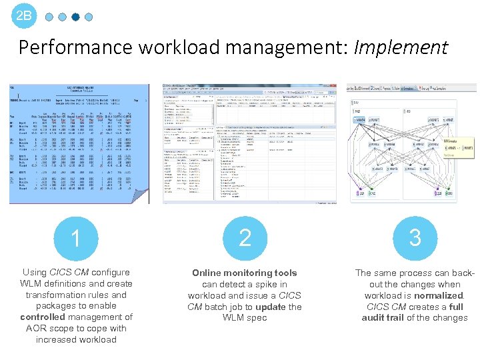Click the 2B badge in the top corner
pyautogui.click(x=24, y=15)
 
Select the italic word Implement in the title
pyautogui.click(x=401, y=47)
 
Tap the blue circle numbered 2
pyautogui.click(x=245, y=238)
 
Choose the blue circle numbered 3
pyautogui.click(x=415, y=238)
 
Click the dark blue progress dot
pyautogui.click(x=75, y=17)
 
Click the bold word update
pyautogui.click(x=270, y=307)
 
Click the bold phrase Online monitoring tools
pyautogui.click(x=245, y=273)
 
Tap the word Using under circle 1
pyautogui.click(x=35, y=273)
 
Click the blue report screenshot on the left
pyautogui.click(x=79, y=143)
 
